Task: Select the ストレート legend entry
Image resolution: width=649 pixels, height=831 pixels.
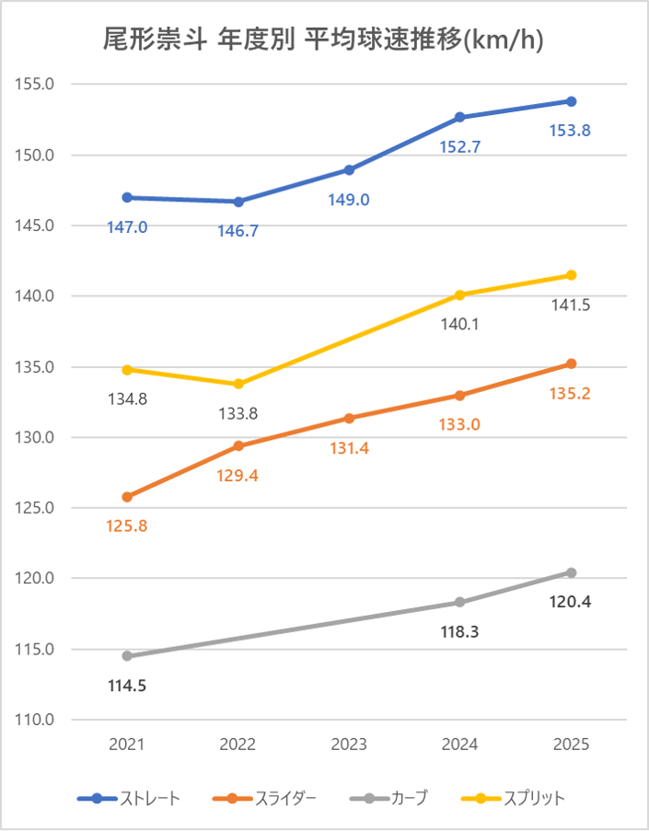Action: (x=129, y=798)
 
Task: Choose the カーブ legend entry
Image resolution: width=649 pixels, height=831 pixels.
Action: (x=388, y=798)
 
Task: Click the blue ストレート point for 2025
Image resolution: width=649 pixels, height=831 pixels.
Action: (x=571, y=101)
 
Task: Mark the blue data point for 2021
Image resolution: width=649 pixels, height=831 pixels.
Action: (x=127, y=197)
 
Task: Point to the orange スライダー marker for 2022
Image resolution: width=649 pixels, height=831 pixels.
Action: (x=238, y=445)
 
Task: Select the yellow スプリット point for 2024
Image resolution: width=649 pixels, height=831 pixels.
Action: (x=460, y=294)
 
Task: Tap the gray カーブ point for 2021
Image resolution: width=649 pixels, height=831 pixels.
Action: (x=127, y=656)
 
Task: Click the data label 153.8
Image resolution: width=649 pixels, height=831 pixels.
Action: (x=571, y=131)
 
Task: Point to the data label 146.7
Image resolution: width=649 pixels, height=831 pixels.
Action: (x=238, y=231)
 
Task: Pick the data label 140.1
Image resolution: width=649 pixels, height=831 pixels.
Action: (x=460, y=324)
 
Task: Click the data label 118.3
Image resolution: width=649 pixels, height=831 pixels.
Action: (x=460, y=632)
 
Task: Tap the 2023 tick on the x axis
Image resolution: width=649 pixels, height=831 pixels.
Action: (x=349, y=744)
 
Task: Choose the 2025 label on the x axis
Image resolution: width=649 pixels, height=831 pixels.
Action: (x=571, y=744)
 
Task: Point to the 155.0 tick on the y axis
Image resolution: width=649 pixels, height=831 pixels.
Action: (x=36, y=84)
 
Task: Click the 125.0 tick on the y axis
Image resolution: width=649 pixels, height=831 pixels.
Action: (x=36, y=508)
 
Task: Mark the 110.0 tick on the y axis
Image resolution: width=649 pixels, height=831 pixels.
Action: (x=36, y=720)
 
